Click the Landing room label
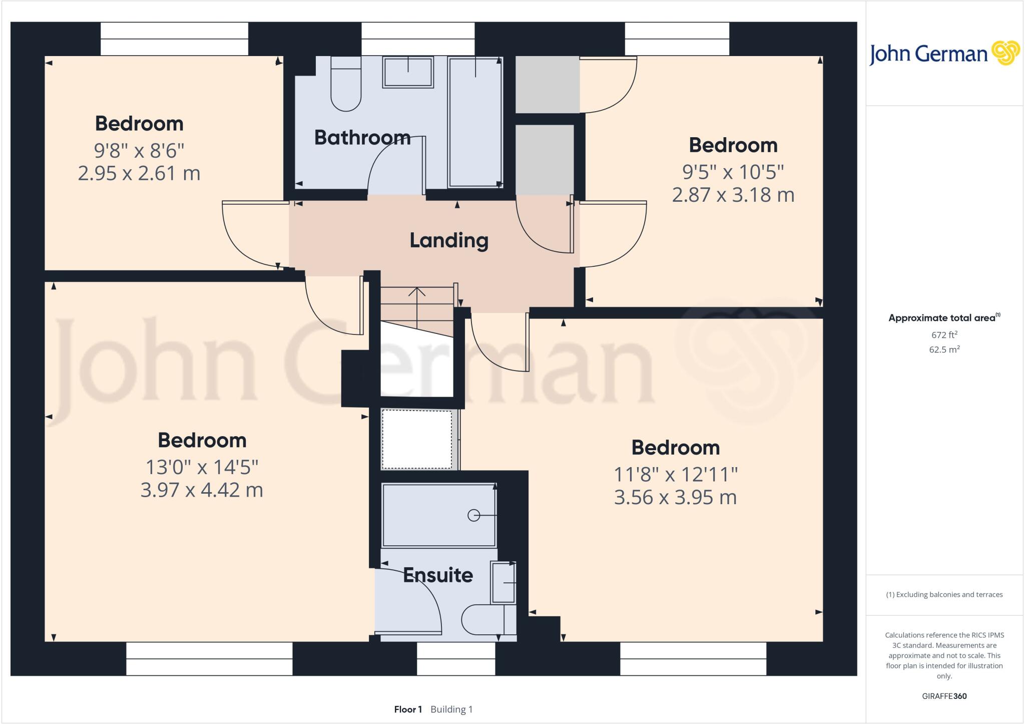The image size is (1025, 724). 449,240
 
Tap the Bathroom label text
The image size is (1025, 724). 362,138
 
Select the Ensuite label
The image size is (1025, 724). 438,575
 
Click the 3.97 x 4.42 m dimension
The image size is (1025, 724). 202,490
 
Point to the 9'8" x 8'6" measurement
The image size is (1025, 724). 139,150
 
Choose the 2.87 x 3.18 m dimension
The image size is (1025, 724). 733,195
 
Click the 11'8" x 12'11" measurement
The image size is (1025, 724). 676,474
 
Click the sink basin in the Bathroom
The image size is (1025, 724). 408,73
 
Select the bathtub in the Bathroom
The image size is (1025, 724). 475,123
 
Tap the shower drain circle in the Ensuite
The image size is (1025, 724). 473,515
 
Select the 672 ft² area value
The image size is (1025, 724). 944,335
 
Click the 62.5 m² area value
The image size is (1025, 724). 944,349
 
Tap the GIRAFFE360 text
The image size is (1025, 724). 944,696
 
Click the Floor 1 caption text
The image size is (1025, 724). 408,709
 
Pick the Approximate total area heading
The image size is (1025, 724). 942,318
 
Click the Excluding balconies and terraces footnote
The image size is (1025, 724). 944,595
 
